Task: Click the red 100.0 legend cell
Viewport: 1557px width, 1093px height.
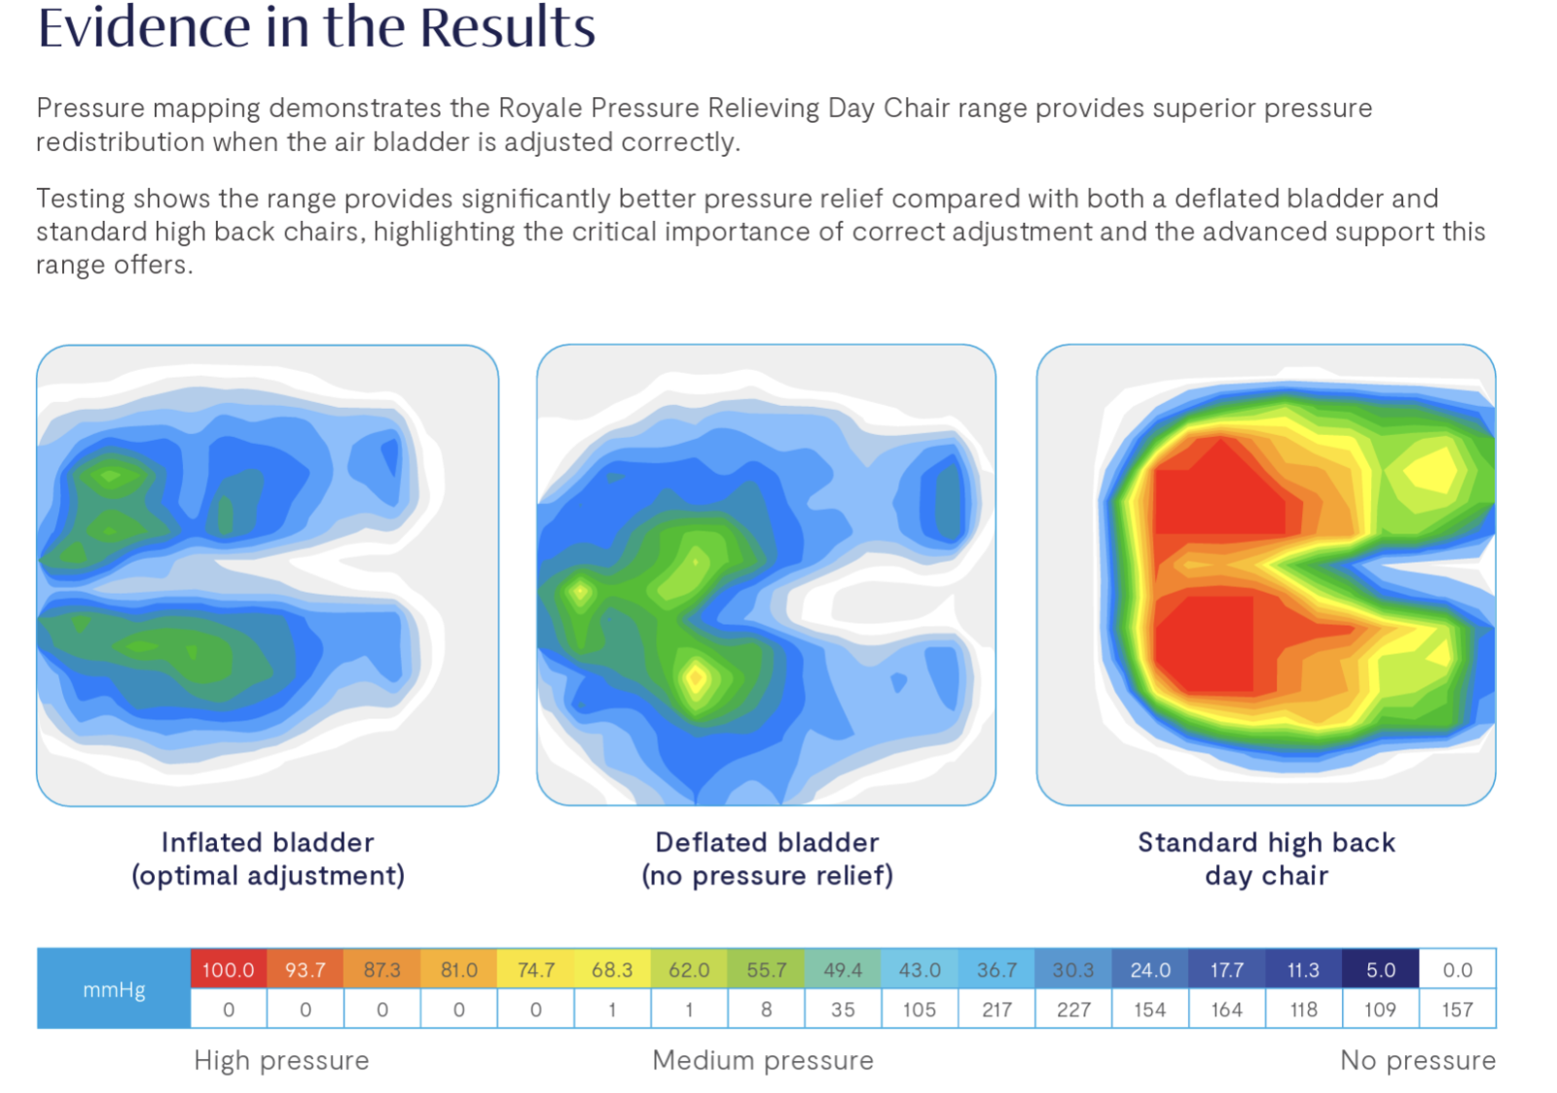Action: pyautogui.click(x=228, y=969)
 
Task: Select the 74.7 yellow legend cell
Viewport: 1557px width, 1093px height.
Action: pyautogui.click(x=535, y=969)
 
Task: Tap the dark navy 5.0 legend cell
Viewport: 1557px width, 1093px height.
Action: pyautogui.click(x=1380, y=969)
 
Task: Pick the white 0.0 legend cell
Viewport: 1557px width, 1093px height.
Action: pyautogui.click(x=1457, y=969)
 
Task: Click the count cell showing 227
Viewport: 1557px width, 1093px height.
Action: pyautogui.click(x=1072, y=1009)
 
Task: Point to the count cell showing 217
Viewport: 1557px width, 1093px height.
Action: pyautogui.click(x=996, y=1009)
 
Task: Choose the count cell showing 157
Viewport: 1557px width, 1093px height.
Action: pyautogui.click(x=1457, y=1009)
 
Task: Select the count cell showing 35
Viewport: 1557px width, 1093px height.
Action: pyautogui.click(x=843, y=1009)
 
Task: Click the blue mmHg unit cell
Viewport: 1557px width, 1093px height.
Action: pyautogui.click(x=114, y=989)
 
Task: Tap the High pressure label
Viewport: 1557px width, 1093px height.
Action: pyautogui.click(x=281, y=1060)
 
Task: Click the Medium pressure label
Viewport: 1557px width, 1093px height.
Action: pyautogui.click(x=763, y=1060)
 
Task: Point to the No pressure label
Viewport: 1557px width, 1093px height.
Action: pyautogui.click(x=1417, y=1060)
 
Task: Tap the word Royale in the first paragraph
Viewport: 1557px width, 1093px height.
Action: pyautogui.click(x=540, y=107)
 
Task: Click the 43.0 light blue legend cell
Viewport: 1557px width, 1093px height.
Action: pyautogui.click(x=920, y=969)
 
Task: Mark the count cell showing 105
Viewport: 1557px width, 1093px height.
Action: pyautogui.click(x=920, y=1009)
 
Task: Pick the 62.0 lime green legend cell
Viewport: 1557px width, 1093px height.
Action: pyautogui.click(x=689, y=969)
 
